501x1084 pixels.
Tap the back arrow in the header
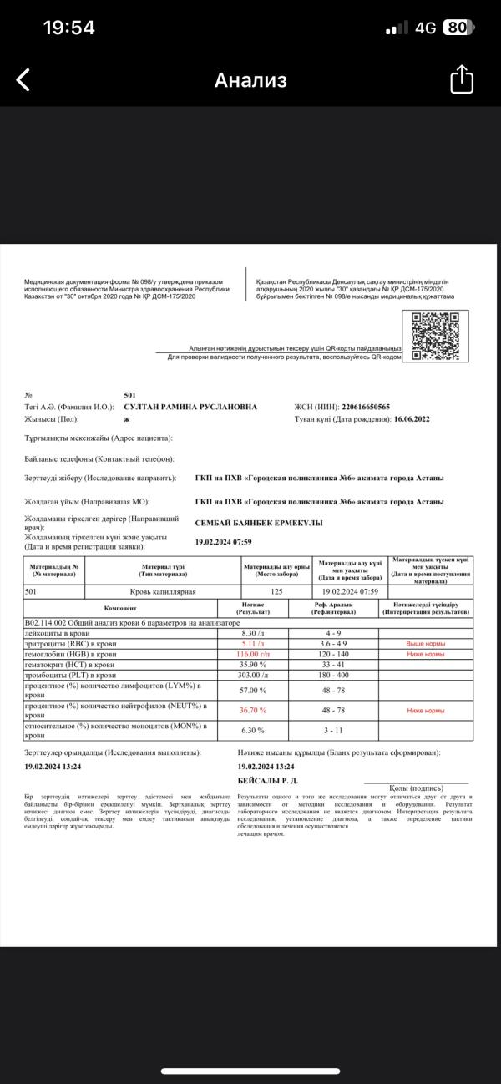pyautogui.click(x=23, y=80)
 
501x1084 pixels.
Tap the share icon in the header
pyautogui.click(x=462, y=80)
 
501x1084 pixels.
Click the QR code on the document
pyautogui.click(x=436, y=335)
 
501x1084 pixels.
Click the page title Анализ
pyautogui.click(x=250, y=80)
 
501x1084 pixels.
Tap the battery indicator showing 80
pyautogui.click(x=456, y=28)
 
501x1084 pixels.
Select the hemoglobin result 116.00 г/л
pyautogui.click(x=253, y=654)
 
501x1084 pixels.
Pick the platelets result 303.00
pyautogui.click(x=253, y=675)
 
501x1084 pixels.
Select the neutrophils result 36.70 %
pyautogui.click(x=253, y=710)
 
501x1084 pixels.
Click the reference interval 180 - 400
pyautogui.click(x=333, y=675)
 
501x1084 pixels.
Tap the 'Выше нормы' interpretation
pyautogui.click(x=426, y=644)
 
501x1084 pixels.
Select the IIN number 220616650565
pyautogui.click(x=353, y=407)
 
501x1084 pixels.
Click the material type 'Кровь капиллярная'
pyautogui.click(x=164, y=591)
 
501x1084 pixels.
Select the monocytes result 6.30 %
pyautogui.click(x=253, y=730)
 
